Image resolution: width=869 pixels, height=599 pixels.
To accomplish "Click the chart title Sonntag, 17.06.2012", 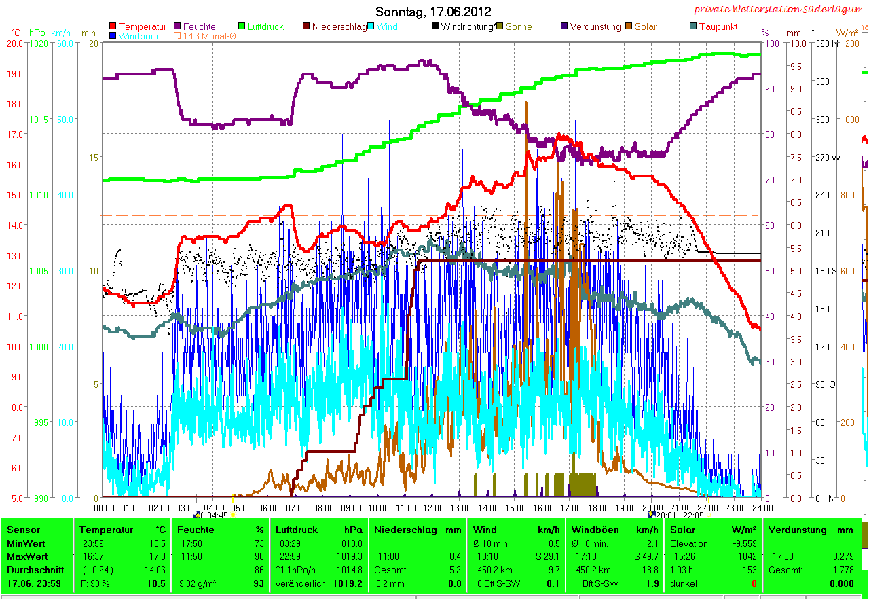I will click(x=433, y=12).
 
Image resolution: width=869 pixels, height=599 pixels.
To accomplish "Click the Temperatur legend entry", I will click(x=142, y=26).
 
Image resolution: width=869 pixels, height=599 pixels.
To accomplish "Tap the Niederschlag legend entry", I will click(x=339, y=26).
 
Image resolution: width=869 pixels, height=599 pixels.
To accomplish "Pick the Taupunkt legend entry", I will click(x=718, y=26).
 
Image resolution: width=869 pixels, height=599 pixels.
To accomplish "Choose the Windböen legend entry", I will click(x=139, y=36).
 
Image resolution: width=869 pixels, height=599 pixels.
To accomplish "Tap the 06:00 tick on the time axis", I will click(x=268, y=507).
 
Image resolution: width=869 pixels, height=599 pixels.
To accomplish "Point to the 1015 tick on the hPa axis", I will click(x=38, y=119).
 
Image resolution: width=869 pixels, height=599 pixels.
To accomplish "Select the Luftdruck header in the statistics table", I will click(x=293, y=530).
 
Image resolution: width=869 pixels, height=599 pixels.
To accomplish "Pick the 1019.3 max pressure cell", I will click(x=350, y=556).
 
